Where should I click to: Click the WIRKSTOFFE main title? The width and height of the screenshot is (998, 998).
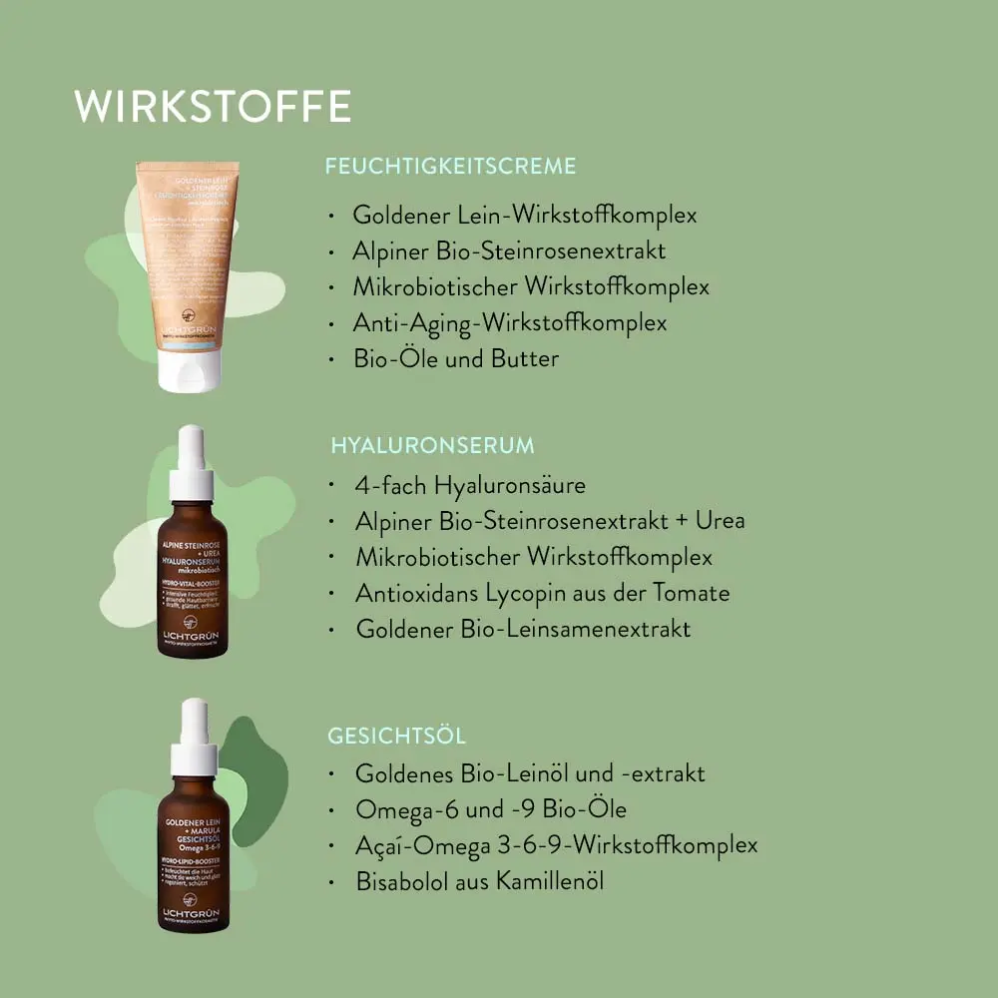click(213, 107)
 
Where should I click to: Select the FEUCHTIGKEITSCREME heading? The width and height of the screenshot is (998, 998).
click(450, 167)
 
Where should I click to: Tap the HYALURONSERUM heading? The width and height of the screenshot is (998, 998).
click(432, 445)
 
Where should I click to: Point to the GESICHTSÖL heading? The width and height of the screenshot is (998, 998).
click(396, 737)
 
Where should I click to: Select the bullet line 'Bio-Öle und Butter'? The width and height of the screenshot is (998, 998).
click(455, 358)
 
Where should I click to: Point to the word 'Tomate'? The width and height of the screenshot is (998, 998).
click(692, 593)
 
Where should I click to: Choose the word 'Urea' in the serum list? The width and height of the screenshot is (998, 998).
click(720, 521)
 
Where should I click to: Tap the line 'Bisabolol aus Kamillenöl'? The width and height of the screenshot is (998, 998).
click(479, 881)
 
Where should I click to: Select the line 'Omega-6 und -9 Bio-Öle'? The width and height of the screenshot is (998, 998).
click(491, 809)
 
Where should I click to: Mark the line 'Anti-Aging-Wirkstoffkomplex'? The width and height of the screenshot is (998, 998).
click(509, 322)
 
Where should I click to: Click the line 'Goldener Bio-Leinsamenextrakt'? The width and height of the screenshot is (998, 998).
click(523, 629)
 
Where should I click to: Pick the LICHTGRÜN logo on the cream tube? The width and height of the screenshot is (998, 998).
click(190, 329)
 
